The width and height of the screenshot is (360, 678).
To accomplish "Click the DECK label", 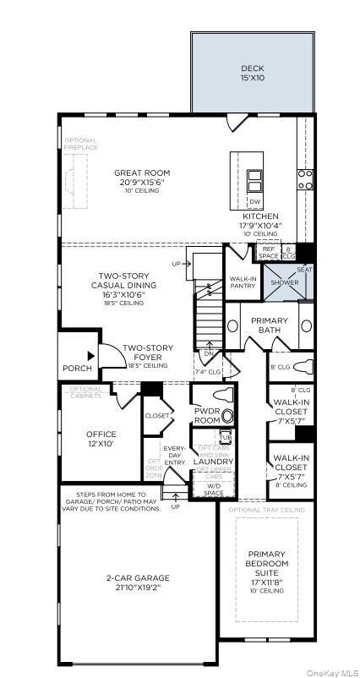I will point(253,68).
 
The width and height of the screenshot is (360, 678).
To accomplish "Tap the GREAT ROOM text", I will point(136,173).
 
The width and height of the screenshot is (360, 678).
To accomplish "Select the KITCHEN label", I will point(260,216).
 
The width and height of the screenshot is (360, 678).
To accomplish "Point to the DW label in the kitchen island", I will point(254,202).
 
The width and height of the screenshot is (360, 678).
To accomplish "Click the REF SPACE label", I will point(268,252).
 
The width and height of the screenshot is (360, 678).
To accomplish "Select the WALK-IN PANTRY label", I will point(243,282).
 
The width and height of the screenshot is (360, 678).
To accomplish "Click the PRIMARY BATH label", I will point(269,325).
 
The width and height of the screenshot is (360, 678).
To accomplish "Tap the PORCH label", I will point(78,369).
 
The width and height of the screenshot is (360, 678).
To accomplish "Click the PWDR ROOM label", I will point(207,414).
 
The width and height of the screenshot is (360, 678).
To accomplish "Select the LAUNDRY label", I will point(208,461).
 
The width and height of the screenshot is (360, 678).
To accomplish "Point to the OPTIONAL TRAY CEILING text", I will point(267,510).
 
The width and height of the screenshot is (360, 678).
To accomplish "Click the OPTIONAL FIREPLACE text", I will point(80,144).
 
